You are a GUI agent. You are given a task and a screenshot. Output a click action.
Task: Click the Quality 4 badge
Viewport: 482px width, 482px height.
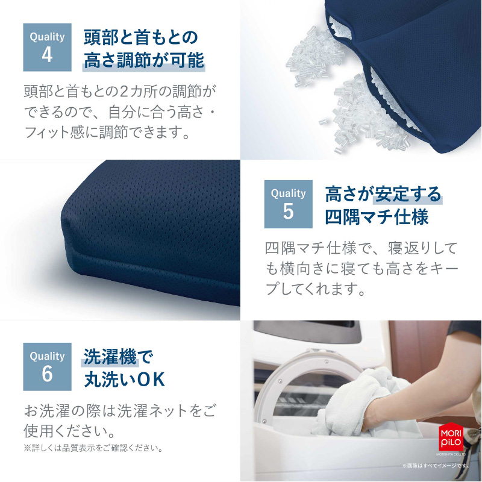pos(47,47)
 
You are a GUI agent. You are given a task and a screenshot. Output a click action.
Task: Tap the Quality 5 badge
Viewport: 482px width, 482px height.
pos(288,204)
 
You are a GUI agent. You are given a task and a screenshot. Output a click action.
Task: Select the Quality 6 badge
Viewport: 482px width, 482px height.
pos(47,366)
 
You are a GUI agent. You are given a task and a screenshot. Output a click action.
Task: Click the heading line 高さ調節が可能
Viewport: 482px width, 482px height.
pos(144,61)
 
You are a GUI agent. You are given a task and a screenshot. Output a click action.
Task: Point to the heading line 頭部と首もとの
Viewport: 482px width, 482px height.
pos(140,37)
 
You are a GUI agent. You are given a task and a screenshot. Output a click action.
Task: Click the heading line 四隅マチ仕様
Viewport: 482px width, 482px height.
pos(377,217)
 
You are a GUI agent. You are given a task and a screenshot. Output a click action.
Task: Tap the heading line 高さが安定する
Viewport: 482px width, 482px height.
pos(383,194)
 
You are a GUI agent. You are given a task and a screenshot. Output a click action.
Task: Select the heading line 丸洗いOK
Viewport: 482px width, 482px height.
pos(124,380)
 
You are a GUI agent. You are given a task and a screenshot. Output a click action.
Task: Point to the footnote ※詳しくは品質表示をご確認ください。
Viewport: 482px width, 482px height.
pos(93,448)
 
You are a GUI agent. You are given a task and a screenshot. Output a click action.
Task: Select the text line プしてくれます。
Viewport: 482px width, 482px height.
pos(316,289)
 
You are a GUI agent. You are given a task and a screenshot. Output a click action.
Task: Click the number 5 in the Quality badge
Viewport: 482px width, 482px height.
pos(288,212)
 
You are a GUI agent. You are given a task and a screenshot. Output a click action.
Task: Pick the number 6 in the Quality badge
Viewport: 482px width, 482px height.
pos(47,374)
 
